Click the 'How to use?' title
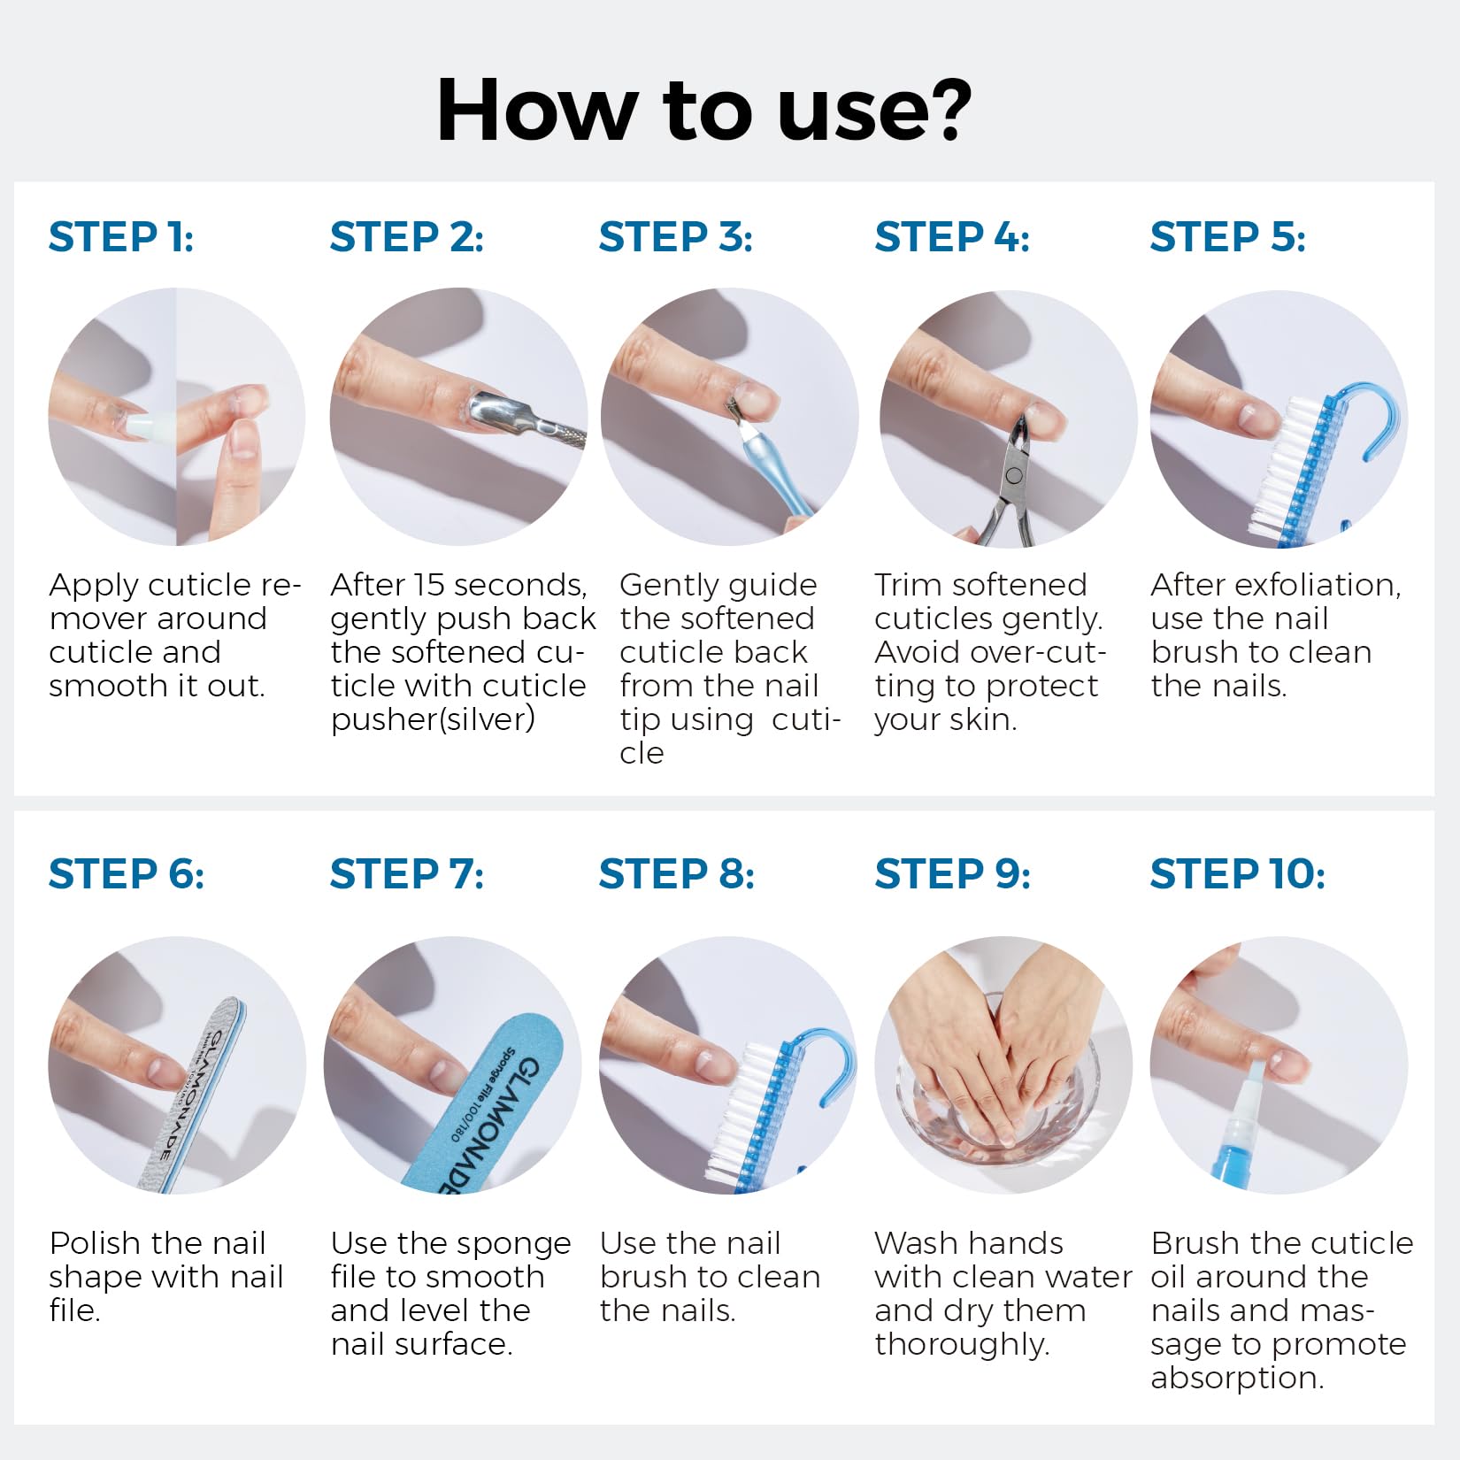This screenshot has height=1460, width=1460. pyautogui.click(x=704, y=110)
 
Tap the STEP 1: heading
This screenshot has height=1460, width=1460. pyautogui.click(x=121, y=237)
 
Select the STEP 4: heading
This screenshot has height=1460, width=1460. pyautogui.click(x=952, y=237)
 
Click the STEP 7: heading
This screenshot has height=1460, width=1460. pyautogui.click(x=407, y=874)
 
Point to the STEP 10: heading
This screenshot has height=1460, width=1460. pyautogui.click(x=1238, y=874)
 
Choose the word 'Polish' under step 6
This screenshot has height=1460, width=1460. pyautogui.click(x=97, y=1243)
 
